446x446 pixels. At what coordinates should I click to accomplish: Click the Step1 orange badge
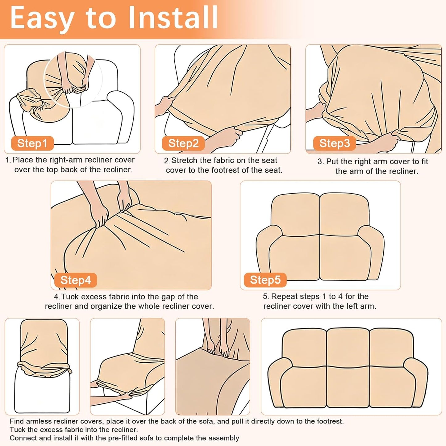click(32, 143)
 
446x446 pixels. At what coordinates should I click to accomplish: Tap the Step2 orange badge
click(183, 143)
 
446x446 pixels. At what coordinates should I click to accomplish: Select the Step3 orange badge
click(335, 143)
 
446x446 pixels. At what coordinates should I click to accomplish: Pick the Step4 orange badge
click(75, 280)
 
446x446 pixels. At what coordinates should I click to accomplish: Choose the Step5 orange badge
click(265, 280)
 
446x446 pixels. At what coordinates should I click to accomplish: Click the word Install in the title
click(173, 18)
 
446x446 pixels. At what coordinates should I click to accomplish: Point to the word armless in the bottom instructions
click(39, 421)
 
